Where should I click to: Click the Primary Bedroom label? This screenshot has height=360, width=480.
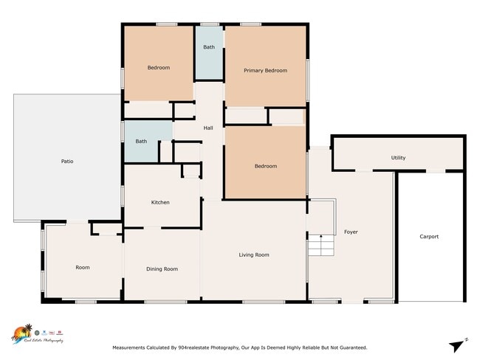[265, 71]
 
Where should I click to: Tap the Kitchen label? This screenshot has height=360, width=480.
[160, 202]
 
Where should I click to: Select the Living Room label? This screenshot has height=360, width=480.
[253, 255]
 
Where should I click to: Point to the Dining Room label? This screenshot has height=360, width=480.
[162, 269]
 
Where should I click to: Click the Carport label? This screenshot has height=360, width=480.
[429, 237]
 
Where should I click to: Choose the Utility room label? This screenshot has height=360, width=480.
[398, 158]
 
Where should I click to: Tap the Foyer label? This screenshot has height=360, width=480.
[351, 232]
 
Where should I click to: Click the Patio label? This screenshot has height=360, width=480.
[67, 161]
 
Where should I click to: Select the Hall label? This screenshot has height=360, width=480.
[208, 128]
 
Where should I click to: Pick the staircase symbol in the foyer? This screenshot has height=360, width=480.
[320, 245]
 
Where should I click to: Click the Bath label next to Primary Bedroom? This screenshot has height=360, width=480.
[209, 47]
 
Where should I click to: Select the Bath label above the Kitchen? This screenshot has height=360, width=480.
[141, 141]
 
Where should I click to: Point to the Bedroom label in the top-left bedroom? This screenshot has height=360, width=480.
[158, 68]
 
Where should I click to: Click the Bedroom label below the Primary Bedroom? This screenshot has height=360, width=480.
[265, 166]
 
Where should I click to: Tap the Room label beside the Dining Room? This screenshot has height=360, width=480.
[83, 267]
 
